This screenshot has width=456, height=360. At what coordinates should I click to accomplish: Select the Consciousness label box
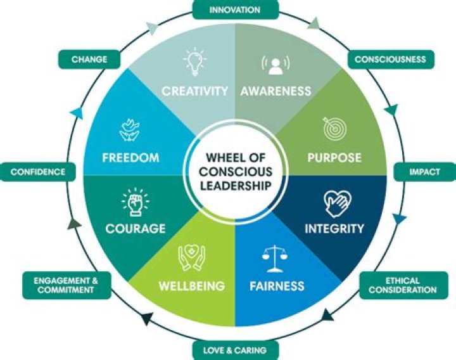pos(389,60)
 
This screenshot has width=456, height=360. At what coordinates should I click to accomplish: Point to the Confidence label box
pos(38,171)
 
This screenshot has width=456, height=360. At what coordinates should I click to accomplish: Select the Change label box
pos(89,60)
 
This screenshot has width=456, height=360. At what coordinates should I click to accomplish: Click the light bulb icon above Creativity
pos(194,62)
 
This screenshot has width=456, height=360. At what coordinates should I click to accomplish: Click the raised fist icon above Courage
pos(133,203)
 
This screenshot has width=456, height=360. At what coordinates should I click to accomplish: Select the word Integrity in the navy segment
pos(334,228)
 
